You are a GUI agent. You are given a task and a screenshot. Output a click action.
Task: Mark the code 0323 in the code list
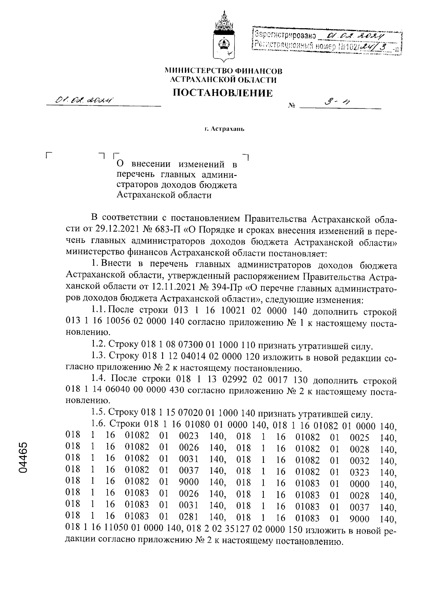click(360, 472)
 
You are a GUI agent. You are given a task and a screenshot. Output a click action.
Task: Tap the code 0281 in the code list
click(189, 518)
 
